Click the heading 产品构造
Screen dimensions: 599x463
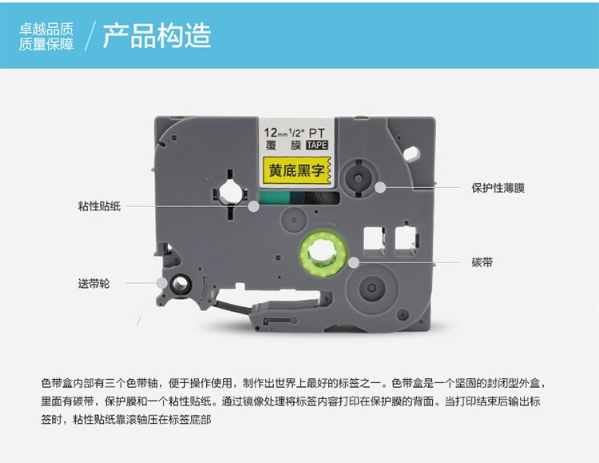(x=157, y=36)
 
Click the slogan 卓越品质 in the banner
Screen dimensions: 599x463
(x=46, y=29)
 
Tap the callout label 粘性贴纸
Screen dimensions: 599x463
(x=99, y=206)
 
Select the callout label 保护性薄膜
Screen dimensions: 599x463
(x=498, y=188)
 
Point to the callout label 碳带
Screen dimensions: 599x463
(x=482, y=262)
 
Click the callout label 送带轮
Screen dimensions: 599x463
(x=93, y=284)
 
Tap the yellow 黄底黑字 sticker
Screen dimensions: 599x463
(x=296, y=170)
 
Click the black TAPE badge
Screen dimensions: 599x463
(x=317, y=145)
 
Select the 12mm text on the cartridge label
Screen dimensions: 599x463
(x=276, y=133)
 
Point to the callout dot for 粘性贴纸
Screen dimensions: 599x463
(x=253, y=206)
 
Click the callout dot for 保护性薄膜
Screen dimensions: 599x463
(x=379, y=187)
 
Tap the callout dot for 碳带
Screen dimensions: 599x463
(x=354, y=262)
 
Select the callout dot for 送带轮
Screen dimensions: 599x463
(x=162, y=283)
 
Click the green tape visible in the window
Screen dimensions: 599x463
(x=274, y=198)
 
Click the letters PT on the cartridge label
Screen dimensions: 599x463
(x=316, y=133)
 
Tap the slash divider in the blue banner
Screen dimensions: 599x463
(x=89, y=36)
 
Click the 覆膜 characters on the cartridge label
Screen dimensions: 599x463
(x=284, y=145)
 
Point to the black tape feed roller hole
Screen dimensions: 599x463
(x=180, y=284)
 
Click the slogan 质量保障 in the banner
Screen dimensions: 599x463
(x=46, y=45)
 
